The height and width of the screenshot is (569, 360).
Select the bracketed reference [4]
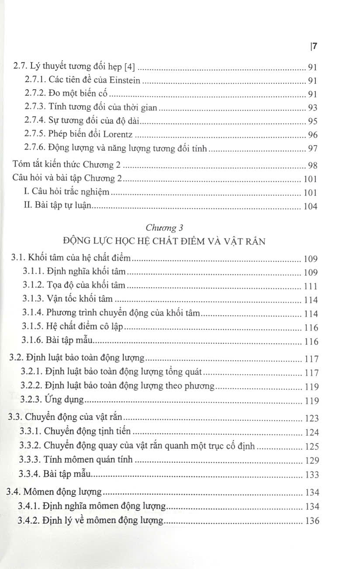(129, 67)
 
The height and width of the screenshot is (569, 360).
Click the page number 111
(310, 287)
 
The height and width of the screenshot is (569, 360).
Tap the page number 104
(310, 207)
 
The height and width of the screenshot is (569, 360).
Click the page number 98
(312, 166)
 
